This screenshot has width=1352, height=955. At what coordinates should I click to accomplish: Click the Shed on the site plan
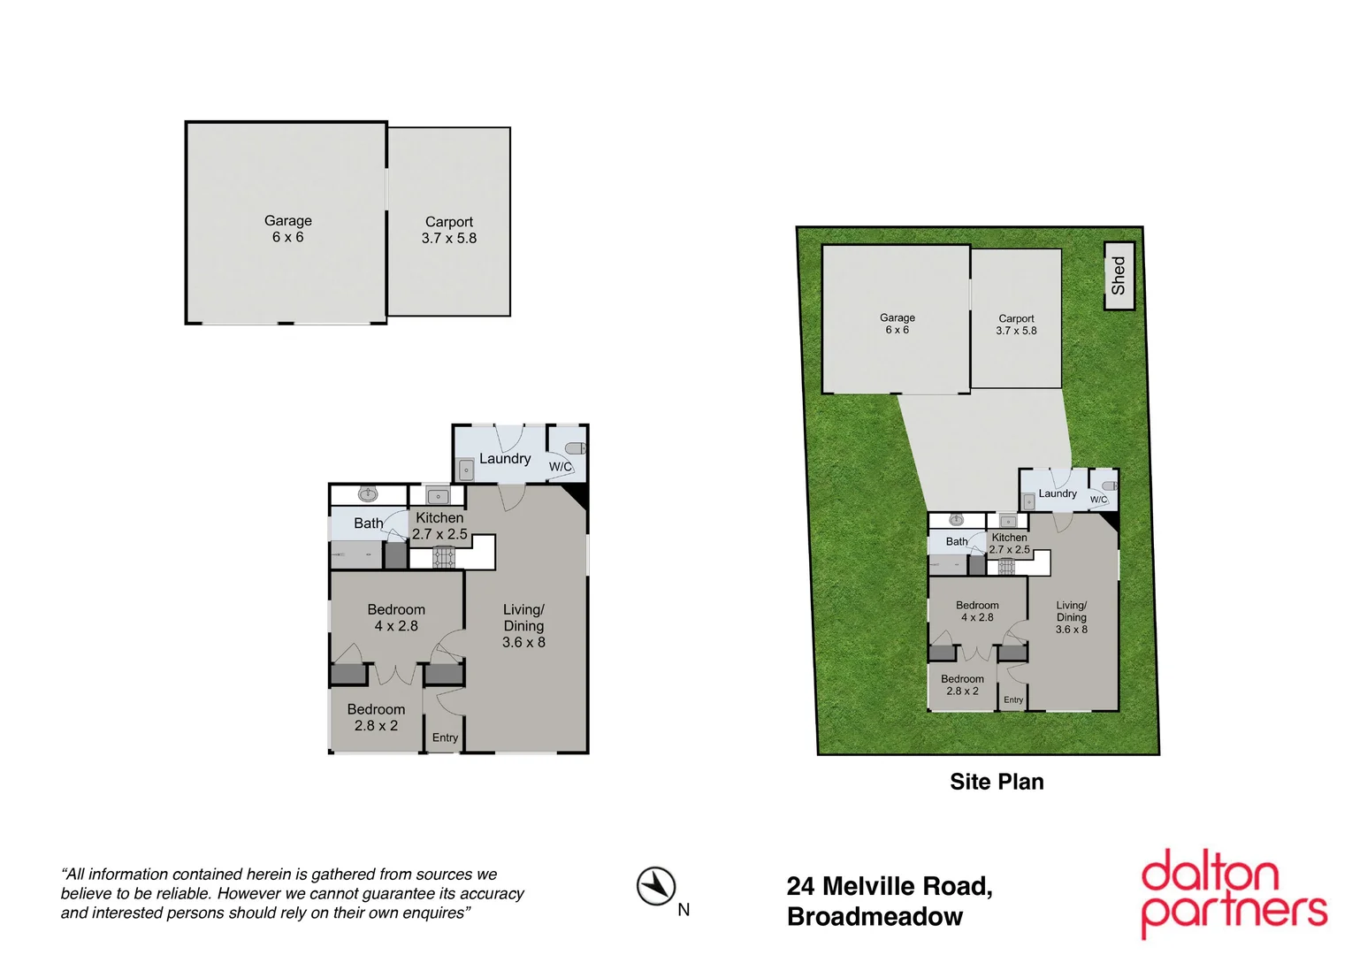1119,276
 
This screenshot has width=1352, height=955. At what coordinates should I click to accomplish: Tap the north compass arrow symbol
655,886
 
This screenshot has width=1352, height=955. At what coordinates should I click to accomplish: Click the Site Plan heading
997,782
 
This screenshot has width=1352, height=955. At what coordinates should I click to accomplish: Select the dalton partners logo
1234,893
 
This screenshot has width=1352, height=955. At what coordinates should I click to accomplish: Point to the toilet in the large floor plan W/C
576,448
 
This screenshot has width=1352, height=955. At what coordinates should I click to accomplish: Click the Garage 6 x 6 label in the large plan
288,229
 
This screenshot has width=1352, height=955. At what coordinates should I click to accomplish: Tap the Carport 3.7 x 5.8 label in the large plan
449,230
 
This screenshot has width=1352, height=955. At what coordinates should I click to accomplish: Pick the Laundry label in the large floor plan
505,459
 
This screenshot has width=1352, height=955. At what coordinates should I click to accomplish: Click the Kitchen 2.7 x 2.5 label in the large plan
439,526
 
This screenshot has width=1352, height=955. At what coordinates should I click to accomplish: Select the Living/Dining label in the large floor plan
523,626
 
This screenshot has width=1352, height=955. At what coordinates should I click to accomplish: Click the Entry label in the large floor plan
445,737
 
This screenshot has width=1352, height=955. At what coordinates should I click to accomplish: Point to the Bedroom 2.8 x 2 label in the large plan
376,717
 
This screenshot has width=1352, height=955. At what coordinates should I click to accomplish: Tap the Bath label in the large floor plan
368,523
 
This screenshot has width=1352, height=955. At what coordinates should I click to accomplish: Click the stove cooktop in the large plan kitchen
444,557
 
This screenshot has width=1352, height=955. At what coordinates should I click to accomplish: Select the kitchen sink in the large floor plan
439,496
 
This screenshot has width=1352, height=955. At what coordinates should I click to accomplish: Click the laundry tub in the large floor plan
466,470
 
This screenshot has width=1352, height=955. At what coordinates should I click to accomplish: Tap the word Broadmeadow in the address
875,917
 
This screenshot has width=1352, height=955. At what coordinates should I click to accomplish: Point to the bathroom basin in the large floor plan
368,494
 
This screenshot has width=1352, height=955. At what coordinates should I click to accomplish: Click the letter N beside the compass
684,910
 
